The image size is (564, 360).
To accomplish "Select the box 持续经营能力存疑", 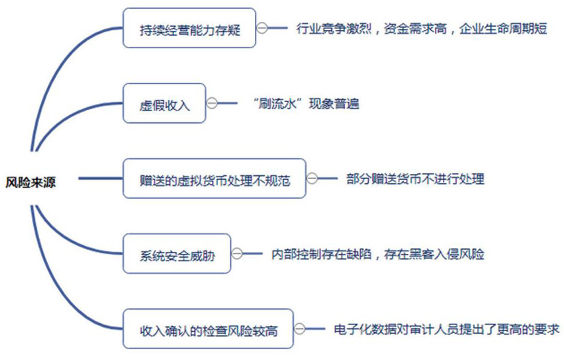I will (x=189, y=28).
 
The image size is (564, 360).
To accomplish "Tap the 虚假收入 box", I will (x=164, y=103).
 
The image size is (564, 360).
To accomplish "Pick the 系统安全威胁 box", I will (x=177, y=254).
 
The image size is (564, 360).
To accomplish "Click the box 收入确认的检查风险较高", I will (x=208, y=329).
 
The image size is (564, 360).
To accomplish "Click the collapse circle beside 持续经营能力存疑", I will (x=262, y=28).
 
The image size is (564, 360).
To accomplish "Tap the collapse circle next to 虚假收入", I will (x=212, y=103).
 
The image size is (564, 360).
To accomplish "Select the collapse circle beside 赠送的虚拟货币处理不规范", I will (x=312, y=179).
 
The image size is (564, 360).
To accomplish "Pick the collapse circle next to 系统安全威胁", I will (x=237, y=254).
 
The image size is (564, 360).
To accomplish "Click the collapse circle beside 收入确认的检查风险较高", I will (x=300, y=329).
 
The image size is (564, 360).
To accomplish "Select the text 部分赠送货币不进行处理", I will (x=415, y=179).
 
